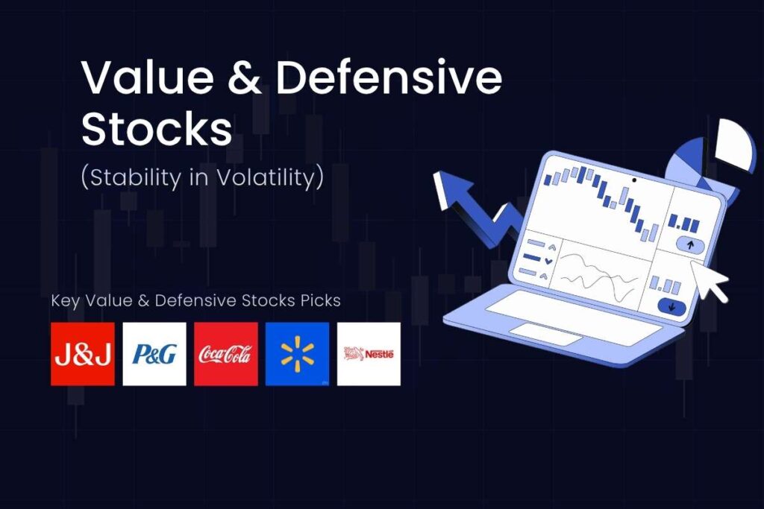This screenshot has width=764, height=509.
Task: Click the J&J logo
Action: coord(83,354)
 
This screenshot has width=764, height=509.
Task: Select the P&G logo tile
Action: coord(154,354)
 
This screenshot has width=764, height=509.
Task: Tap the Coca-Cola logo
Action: coord(225,354)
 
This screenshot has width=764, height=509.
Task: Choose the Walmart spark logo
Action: coord(297,354)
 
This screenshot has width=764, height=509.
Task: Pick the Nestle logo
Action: coord(369,354)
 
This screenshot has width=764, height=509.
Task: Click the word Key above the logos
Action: coord(65,300)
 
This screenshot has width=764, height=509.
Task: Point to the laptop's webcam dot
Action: coord(634,180)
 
